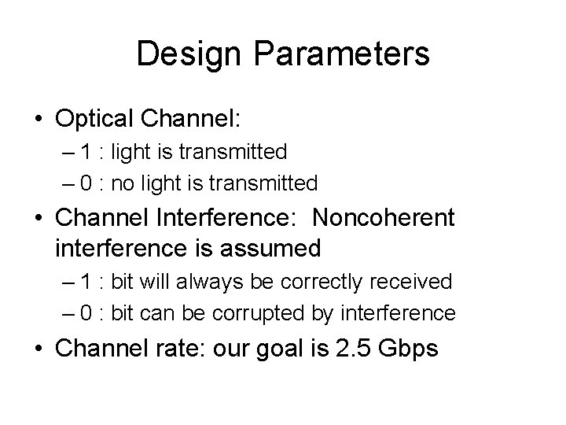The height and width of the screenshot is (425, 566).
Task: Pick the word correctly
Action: (318, 281)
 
